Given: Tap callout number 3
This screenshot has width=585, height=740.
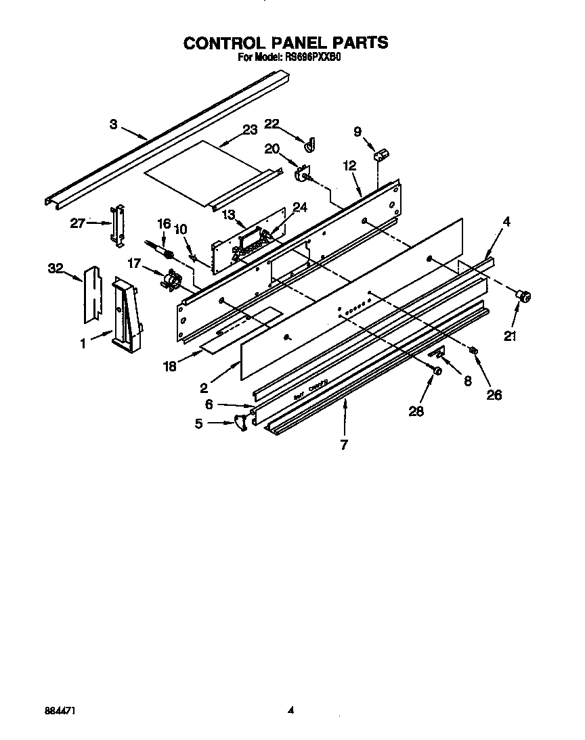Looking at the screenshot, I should click(x=113, y=124).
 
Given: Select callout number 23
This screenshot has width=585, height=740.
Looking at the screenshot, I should click(x=251, y=130).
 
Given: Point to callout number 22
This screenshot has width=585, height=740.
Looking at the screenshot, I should click(x=272, y=123).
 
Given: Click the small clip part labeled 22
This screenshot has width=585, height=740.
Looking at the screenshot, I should click(x=312, y=143).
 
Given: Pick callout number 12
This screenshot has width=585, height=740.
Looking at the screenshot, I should click(x=349, y=164).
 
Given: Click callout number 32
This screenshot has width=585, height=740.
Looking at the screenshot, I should click(x=54, y=269).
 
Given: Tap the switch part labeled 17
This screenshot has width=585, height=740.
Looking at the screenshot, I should click(x=171, y=279).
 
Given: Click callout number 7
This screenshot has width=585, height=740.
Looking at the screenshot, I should click(x=345, y=445).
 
